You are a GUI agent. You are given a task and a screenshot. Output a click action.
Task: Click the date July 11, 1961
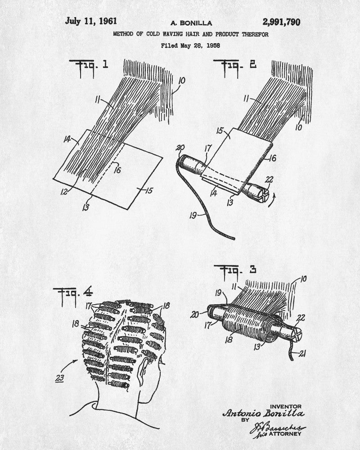pos(91,21)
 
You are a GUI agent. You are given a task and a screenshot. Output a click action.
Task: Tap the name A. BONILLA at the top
pos(191,23)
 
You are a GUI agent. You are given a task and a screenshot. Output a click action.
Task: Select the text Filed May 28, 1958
pos(191,45)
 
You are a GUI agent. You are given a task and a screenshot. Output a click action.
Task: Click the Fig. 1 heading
pos(89,65)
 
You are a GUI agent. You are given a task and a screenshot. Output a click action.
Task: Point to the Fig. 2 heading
pos(238,65)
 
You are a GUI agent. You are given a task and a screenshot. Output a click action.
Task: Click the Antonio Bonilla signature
pos(263,414)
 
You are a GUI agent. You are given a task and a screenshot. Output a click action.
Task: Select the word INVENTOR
pos(286,406)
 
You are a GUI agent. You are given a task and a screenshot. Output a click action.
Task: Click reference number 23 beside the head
pos(59,378)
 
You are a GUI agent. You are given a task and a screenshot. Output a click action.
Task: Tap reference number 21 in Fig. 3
pos(303,354)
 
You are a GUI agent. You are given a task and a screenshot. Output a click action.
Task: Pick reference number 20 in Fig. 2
pos(181,148)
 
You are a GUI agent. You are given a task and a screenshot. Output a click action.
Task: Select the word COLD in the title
pos(154,34)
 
